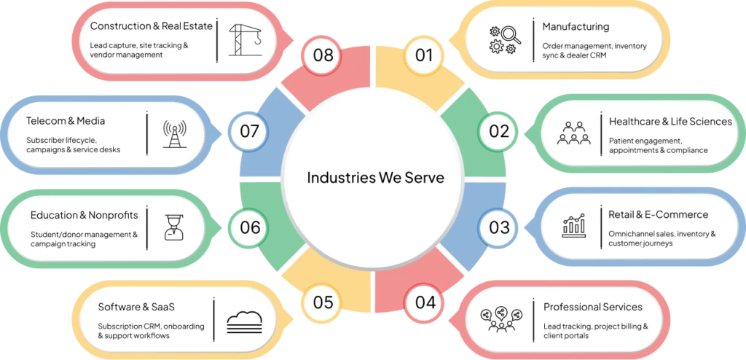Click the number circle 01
(425, 55)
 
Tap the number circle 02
(498, 131)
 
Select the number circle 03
(498, 227)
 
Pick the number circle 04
(425, 302)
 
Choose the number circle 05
(323, 302)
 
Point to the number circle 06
(249, 227)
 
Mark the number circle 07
(249, 131)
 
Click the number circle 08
(323, 55)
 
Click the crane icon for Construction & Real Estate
(245, 40)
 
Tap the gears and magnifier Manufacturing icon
(505, 40)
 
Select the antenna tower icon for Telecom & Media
(175, 134)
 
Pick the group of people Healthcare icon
(573, 133)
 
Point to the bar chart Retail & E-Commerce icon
(574, 225)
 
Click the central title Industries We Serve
(375, 178)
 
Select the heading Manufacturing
(576, 27)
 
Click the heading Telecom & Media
(66, 121)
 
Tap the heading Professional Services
(593, 307)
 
